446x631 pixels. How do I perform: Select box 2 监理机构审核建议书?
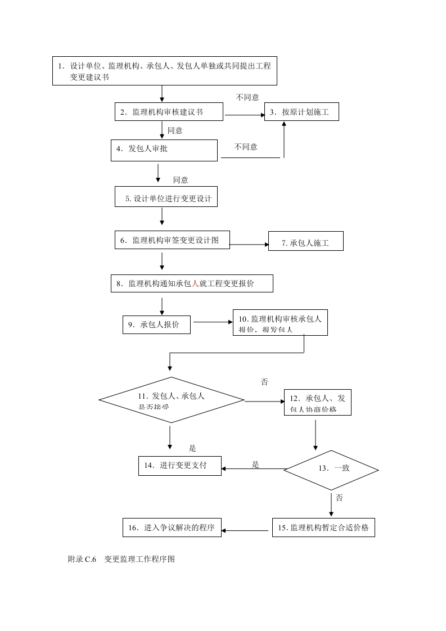coord(169,112)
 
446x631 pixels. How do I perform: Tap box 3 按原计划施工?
coord(302,112)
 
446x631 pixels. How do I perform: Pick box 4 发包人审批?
coord(164,150)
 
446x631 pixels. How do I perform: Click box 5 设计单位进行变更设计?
coord(166,199)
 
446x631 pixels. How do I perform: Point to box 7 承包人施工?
coord(305,243)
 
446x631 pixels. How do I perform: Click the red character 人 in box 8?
coord(195,284)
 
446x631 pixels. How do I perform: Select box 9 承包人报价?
coord(156,324)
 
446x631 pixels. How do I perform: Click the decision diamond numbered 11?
coord(172,400)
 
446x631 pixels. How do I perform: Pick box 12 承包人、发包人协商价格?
coord(317,403)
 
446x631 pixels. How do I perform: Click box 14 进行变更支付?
coord(180,466)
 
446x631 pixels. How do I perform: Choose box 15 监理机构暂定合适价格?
coord(323,528)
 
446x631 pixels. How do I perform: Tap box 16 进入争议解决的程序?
coord(172,528)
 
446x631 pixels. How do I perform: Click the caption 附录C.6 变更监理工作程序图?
coord(121,559)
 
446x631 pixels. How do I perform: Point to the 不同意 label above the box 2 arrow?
coord(247,97)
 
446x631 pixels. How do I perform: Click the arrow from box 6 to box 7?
coord(249,245)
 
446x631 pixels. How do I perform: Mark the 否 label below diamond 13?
coord(339,498)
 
